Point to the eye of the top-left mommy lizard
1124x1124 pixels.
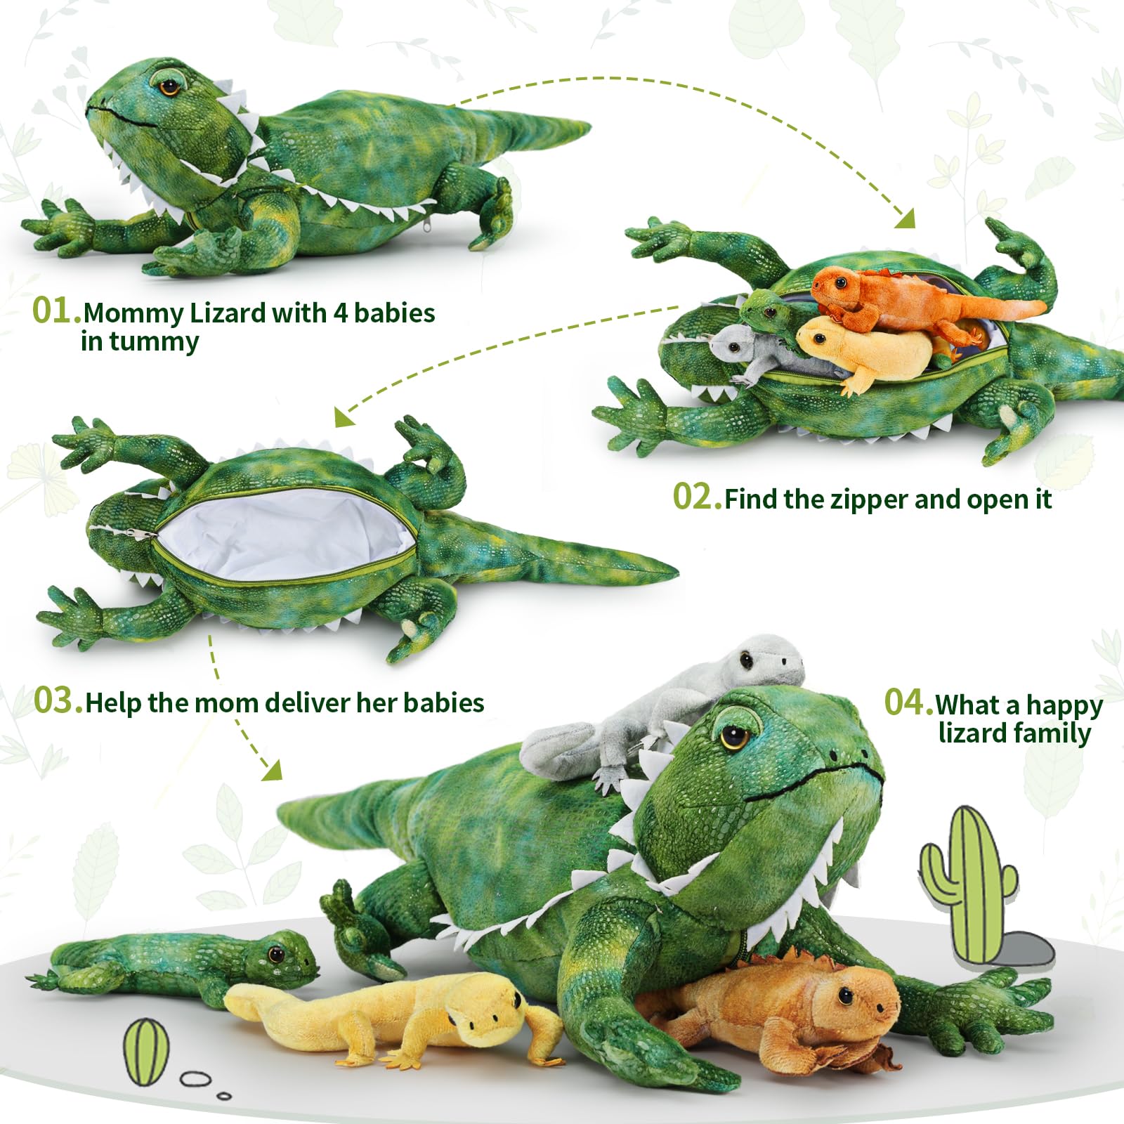[169, 87]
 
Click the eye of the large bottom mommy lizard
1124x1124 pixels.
[734, 736]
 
